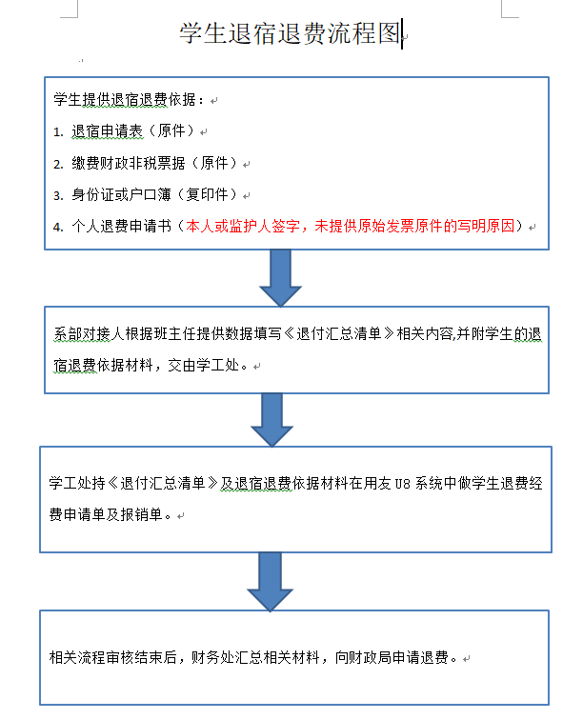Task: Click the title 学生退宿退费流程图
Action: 290,33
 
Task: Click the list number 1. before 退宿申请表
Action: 58,132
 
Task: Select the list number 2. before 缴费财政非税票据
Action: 58,164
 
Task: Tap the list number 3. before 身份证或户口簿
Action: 58,195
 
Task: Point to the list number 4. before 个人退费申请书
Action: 58,227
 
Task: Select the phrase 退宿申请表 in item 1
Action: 108,130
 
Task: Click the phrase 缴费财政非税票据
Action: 129,163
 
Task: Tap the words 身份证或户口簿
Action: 121,194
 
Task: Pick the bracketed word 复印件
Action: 208,194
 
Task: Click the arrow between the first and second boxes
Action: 280,278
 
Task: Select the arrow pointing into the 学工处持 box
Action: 271,420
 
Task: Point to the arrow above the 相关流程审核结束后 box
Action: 270,582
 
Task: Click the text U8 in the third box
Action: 402,484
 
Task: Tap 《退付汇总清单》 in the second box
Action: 338,333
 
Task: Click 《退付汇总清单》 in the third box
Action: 163,483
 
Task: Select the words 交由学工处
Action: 204,365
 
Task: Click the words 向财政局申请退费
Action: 392,657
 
